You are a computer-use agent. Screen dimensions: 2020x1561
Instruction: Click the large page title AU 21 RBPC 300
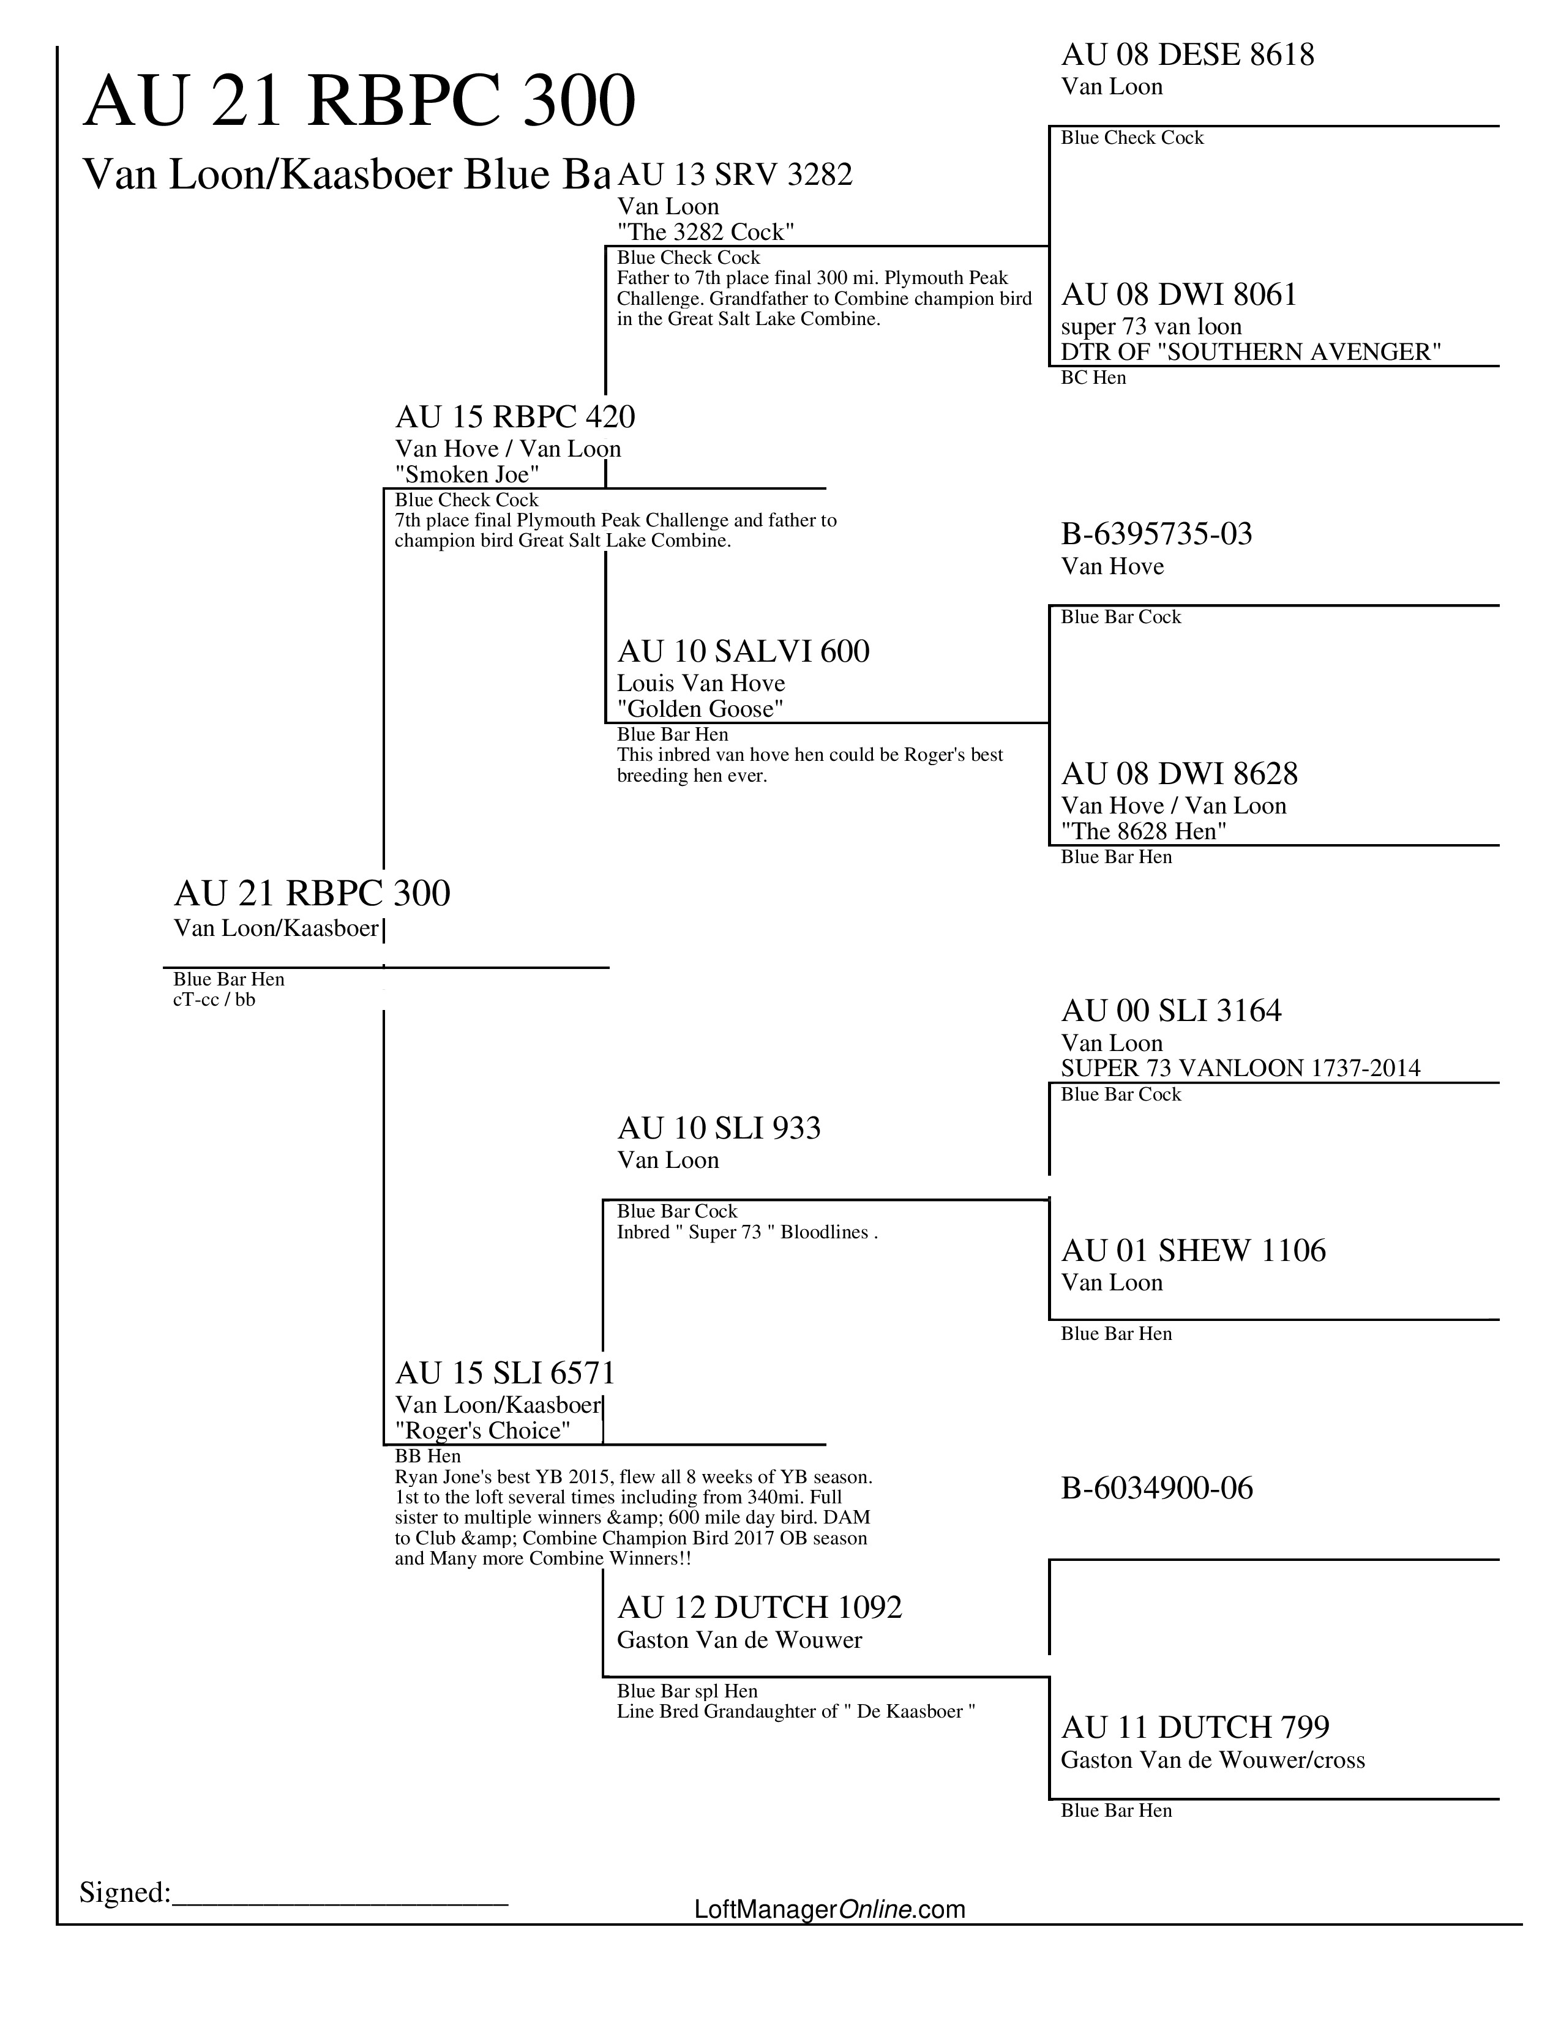pyautogui.click(x=359, y=101)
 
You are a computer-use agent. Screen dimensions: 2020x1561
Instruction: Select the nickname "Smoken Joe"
pyautogui.click(x=467, y=474)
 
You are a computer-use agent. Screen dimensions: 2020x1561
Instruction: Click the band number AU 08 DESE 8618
pyautogui.click(x=1188, y=56)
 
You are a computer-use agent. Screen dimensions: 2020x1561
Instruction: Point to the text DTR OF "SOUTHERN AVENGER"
pyautogui.click(x=1250, y=353)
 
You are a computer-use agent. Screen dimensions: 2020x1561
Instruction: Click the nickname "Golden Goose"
pyautogui.click(x=700, y=709)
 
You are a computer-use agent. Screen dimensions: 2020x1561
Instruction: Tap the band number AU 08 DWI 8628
pyautogui.click(x=1179, y=774)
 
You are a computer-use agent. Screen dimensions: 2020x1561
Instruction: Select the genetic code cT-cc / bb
pyautogui.click(x=214, y=1000)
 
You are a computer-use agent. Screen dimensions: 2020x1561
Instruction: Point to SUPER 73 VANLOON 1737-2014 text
pyautogui.click(x=1240, y=1068)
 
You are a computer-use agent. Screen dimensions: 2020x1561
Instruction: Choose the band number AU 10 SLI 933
pyautogui.click(x=719, y=1128)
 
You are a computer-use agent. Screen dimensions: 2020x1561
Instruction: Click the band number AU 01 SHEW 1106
pyautogui.click(x=1193, y=1251)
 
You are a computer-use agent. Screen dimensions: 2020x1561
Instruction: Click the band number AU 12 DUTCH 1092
pyautogui.click(x=759, y=1607)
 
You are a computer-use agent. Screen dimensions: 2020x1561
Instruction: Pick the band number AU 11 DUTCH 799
pyautogui.click(x=1195, y=1728)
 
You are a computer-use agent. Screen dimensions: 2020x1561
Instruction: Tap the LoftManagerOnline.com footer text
pyautogui.click(x=829, y=1909)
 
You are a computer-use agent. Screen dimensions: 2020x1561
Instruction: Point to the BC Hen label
pyautogui.click(x=1093, y=377)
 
